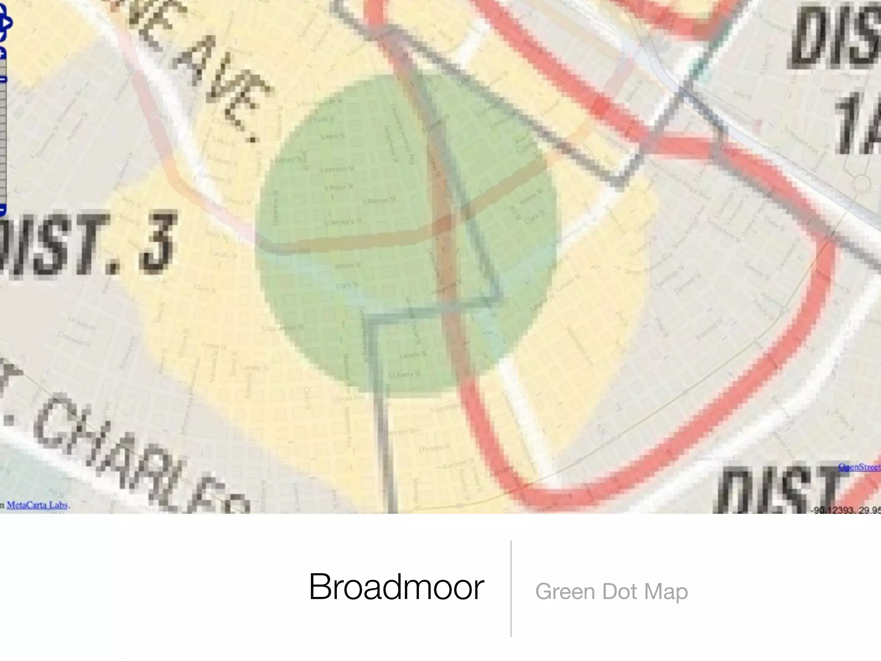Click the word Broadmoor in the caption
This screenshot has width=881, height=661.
[396, 587]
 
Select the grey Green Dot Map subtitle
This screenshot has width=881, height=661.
[611, 592]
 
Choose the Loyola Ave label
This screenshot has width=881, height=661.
[348, 398]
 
